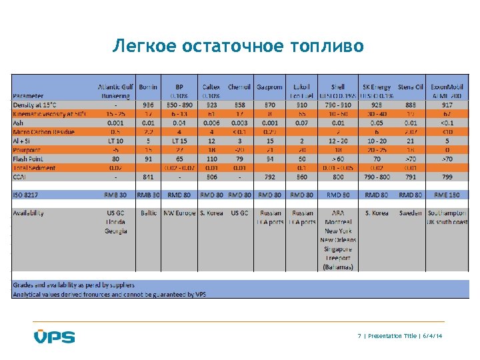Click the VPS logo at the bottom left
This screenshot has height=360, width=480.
click(55, 336)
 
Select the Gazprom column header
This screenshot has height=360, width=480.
click(269, 87)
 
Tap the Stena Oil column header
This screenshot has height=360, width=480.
click(410, 87)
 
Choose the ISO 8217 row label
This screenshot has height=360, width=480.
click(27, 195)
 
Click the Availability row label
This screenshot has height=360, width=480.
click(29, 213)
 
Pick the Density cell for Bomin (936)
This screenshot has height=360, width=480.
click(148, 105)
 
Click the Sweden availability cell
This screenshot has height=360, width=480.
click(410, 213)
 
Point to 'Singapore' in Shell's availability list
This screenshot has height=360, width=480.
click(338, 248)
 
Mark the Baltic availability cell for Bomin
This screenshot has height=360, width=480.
click(148, 213)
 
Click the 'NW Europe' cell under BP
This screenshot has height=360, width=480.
click(179, 213)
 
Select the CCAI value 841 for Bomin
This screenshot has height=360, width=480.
click(148, 178)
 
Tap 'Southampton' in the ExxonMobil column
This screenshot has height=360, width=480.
click(447, 213)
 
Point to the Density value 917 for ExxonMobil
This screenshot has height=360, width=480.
click(447, 105)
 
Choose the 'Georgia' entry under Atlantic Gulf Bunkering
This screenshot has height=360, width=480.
click(115, 231)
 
